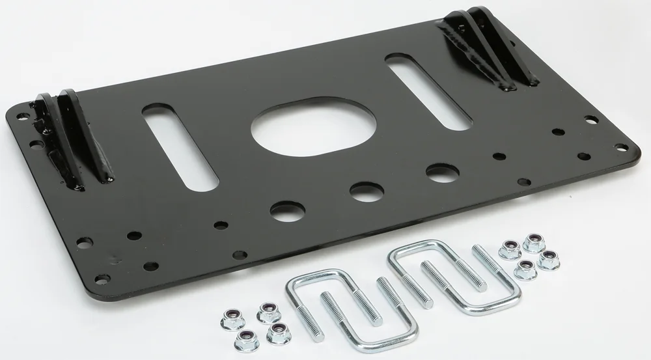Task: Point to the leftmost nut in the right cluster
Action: coord(508,249)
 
